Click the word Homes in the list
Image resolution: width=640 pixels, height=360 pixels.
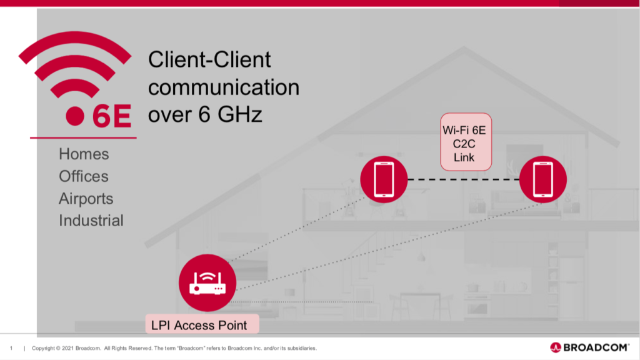click(84, 154)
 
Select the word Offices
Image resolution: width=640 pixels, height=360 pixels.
click(84, 176)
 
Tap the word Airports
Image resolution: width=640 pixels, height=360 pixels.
click(86, 199)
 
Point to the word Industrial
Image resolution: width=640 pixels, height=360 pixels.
click(91, 221)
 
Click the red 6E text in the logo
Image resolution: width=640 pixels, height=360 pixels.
click(112, 116)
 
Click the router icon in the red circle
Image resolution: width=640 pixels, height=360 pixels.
click(207, 282)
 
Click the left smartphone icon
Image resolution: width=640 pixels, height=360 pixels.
click(384, 179)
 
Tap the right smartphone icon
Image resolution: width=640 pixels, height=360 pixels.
click(542, 179)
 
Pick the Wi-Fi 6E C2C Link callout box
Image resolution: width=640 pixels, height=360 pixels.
click(466, 142)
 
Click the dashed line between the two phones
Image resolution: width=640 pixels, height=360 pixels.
click(463, 180)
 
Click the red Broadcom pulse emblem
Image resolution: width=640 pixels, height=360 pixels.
click(556, 347)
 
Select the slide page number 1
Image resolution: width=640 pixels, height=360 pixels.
click(11, 348)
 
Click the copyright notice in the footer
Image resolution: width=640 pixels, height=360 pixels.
click(174, 348)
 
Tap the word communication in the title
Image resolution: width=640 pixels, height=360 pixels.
click(224, 87)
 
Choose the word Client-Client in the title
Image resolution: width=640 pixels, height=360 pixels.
click(209, 60)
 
